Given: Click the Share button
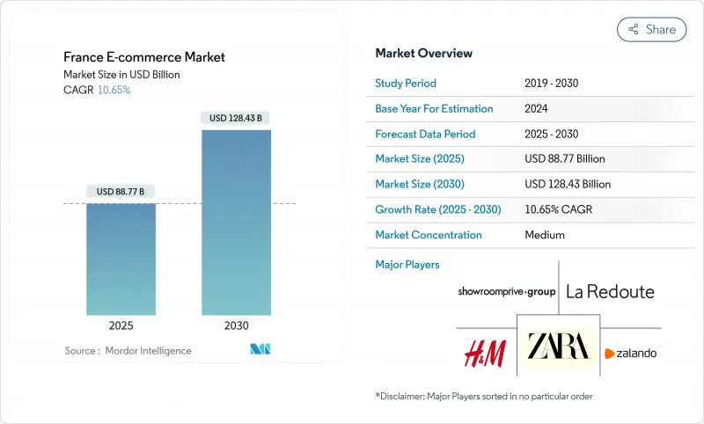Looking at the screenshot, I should click(652, 29).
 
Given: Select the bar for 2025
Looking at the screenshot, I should click(121, 260).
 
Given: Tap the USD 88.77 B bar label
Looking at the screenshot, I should click(121, 192).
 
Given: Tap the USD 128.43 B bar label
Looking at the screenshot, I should click(236, 118).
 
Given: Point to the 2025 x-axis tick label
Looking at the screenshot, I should click(121, 325).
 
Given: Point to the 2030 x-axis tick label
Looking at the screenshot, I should click(236, 325).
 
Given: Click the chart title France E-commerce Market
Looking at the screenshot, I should click(144, 57).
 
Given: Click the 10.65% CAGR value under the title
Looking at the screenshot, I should click(113, 90).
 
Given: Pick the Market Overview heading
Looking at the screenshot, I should click(423, 54).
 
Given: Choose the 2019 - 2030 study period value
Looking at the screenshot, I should click(551, 84).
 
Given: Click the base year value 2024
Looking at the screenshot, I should click(537, 109).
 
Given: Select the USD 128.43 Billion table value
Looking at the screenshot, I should click(567, 185).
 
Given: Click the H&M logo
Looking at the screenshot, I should click(485, 352).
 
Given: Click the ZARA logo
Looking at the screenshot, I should click(557, 347).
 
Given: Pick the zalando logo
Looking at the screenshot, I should click(630, 354).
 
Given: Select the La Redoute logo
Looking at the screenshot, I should click(610, 291).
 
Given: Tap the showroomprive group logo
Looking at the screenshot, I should click(507, 291).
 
